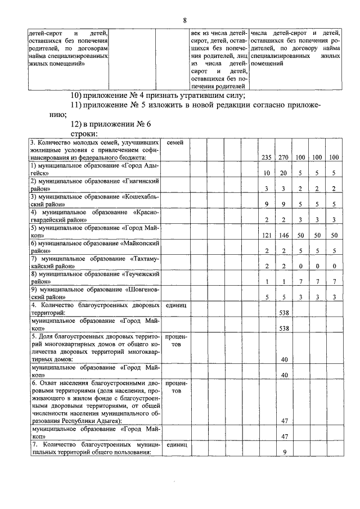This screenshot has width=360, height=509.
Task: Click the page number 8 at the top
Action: pyautogui.click(x=184, y=21)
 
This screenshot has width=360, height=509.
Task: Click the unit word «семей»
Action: pyautogui.click(x=175, y=143)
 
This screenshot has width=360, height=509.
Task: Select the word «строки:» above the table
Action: pyautogui.click(x=84, y=134)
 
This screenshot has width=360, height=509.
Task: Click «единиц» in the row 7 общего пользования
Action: pyautogui.click(x=176, y=444)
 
